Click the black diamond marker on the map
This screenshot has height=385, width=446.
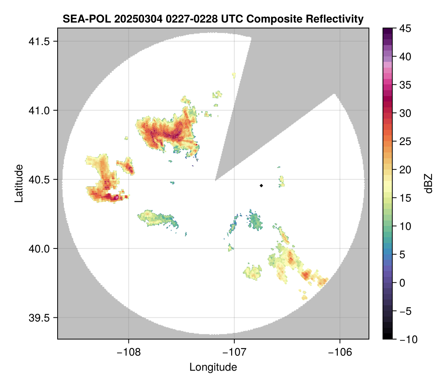[x=261, y=185]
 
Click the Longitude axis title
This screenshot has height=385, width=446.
[x=213, y=367]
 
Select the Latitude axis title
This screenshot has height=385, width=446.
[x=19, y=183]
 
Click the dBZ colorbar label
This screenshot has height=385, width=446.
[x=428, y=184]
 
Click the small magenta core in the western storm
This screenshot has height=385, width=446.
[x=116, y=198]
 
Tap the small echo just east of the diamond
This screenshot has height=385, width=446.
[x=281, y=181]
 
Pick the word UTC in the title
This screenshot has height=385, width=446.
[x=229, y=19]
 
